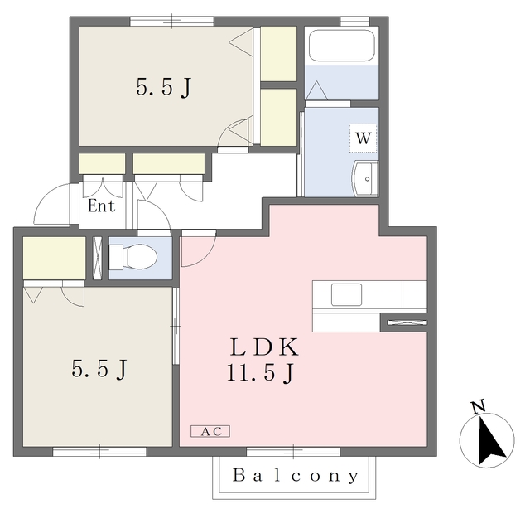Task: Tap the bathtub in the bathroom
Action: [342, 46]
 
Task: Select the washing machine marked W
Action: [363, 138]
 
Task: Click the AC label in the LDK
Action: [210, 431]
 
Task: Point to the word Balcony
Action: [296, 476]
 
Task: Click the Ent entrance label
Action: [101, 206]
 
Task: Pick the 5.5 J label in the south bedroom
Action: [99, 369]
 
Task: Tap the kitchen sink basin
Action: [346, 294]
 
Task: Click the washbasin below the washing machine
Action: [365, 178]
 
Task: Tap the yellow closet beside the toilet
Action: [54, 258]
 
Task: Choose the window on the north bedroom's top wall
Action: [171, 21]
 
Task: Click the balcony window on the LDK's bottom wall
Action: [293, 452]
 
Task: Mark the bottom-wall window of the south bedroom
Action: [99, 452]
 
